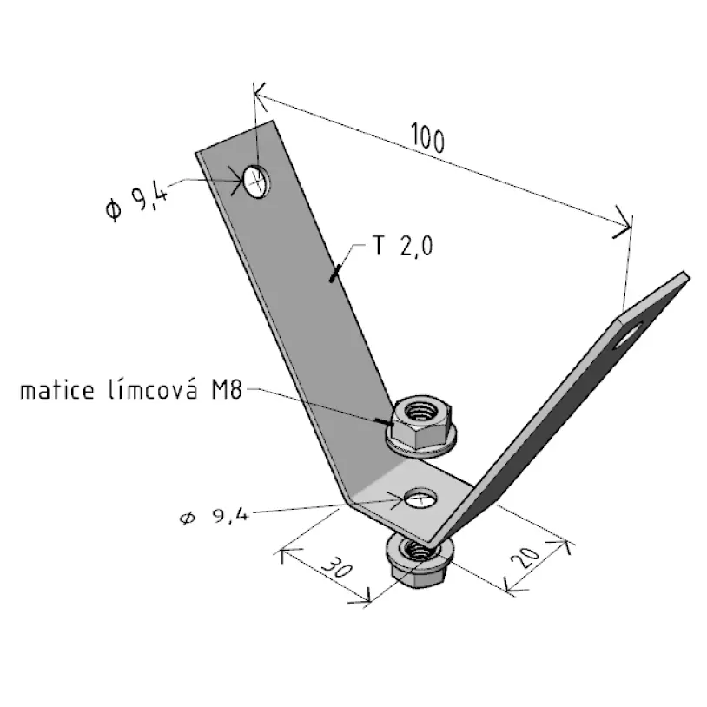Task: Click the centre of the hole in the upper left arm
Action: (256, 182)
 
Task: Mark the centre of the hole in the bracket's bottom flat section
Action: (420, 499)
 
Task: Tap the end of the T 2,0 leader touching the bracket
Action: (332, 280)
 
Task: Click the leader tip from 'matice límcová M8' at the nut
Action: (391, 424)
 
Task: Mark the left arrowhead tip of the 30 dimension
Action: (281, 550)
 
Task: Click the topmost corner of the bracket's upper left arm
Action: (272, 121)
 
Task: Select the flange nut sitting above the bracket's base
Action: (421, 424)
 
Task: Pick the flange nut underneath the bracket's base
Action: (420, 560)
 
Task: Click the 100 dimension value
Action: (427, 138)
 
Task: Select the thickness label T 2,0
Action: (403, 246)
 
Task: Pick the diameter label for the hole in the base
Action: (215, 516)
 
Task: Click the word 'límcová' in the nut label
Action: (153, 390)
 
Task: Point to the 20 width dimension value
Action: (525, 558)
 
